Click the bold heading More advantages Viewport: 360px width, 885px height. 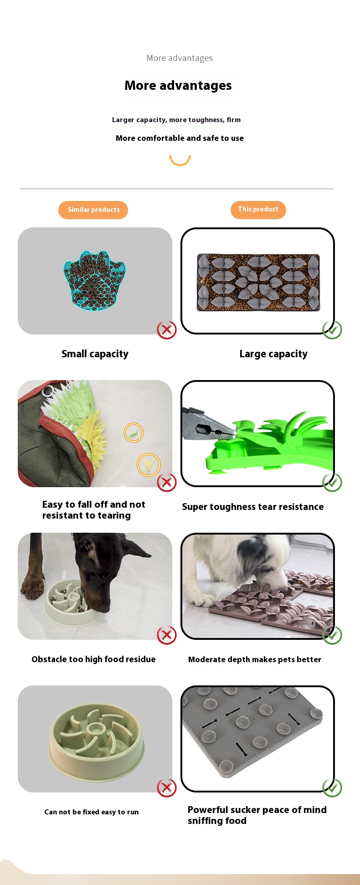(x=178, y=86)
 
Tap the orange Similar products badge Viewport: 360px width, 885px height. (x=93, y=210)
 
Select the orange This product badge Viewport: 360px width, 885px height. (x=258, y=209)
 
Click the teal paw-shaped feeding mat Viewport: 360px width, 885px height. (x=94, y=280)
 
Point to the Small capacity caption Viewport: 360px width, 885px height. (x=95, y=354)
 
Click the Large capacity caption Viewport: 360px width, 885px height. (x=273, y=354)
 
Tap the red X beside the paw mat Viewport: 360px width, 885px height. (x=167, y=330)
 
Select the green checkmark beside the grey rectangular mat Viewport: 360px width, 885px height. (x=332, y=330)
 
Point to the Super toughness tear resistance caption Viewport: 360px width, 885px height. (x=253, y=507)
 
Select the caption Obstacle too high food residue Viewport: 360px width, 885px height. (x=93, y=659)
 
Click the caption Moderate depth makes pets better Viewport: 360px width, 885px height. (x=255, y=659)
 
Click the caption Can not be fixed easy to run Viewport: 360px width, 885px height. (x=91, y=812)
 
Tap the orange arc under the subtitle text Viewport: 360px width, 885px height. (x=180, y=163)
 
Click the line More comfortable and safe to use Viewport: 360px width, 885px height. (x=180, y=138)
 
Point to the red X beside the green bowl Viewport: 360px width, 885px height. (x=167, y=788)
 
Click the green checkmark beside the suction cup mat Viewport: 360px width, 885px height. (x=332, y=788)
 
